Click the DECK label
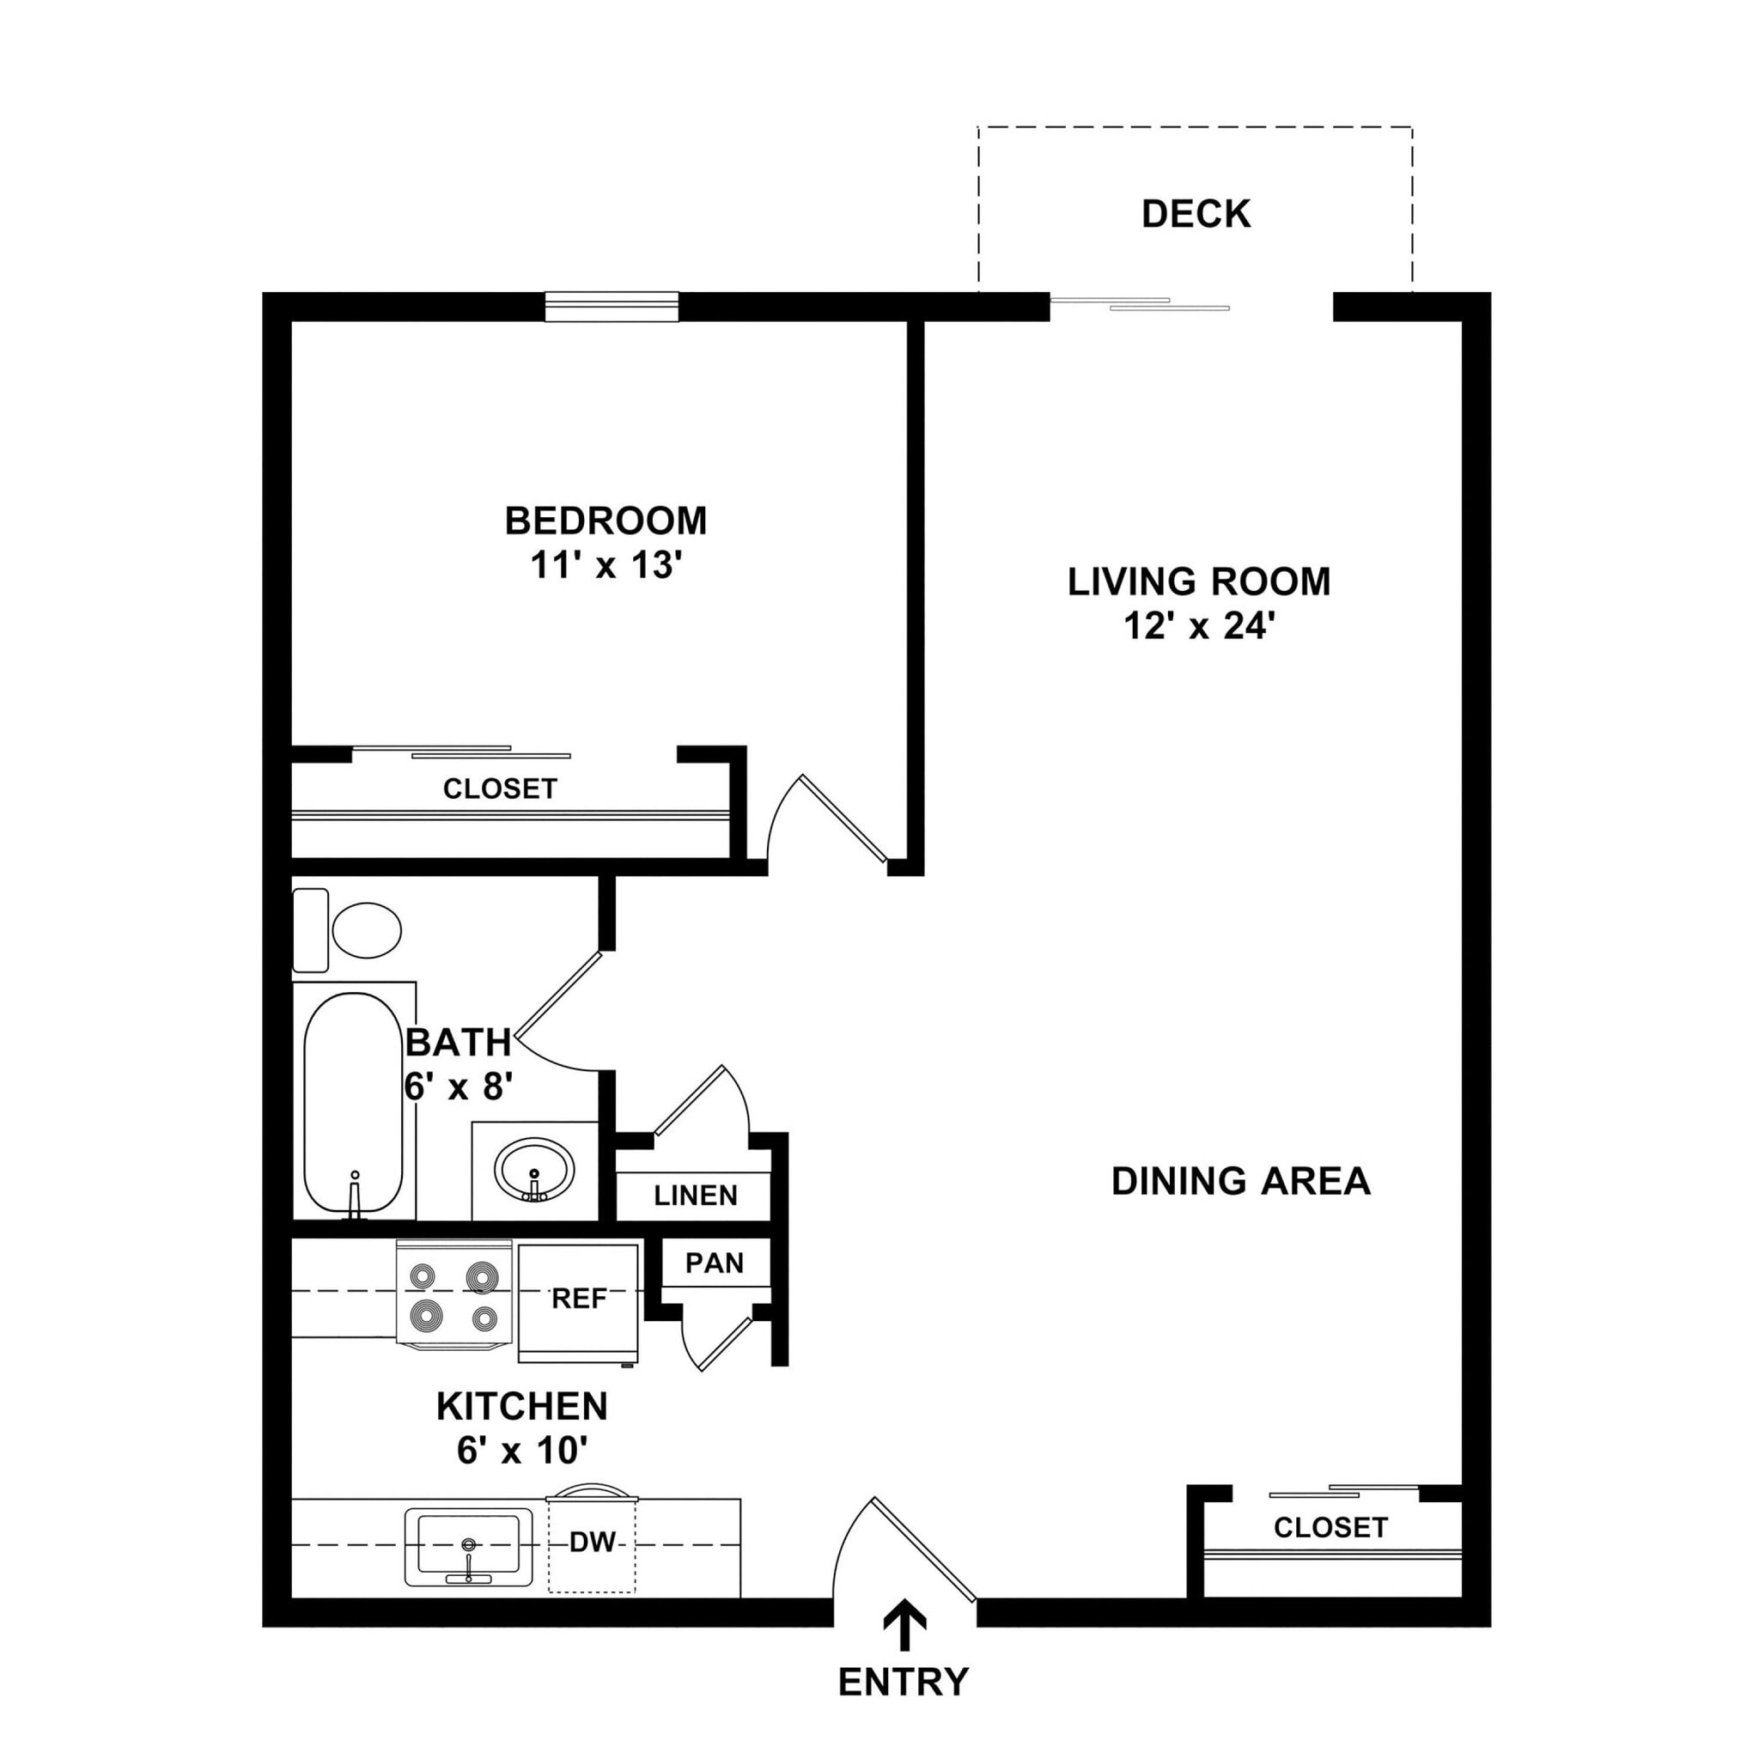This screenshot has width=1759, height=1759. click(x=1196, y=214)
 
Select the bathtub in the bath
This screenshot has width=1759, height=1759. click(x=352, y=1102)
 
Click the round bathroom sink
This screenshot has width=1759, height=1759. click(x=534, y=1170)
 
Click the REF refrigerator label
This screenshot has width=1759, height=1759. click(x=579, y=1299)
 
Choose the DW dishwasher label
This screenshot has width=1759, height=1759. click(x=593, y=1543)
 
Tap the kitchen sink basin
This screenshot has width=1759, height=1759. click(x=468, y=1545)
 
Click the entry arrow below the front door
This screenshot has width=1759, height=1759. click(x=905, y=1624)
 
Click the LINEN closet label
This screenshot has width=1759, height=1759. click(x=696, y=1196)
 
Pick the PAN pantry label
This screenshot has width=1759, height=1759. click(x=715, y=1263)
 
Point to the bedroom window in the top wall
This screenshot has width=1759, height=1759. click(x=612, y=307)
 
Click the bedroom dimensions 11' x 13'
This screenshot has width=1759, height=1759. click(x=606, y=565)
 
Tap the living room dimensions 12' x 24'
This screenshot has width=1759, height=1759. click(x=1198, y=626)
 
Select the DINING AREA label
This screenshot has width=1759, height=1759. click(x=1241, y=1181)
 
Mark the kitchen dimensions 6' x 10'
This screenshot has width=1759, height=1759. click(x=521, y=1451)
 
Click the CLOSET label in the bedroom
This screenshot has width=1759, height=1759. click(x=500, y=788)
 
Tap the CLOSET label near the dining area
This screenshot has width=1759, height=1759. click(x=1330, y=1527)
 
